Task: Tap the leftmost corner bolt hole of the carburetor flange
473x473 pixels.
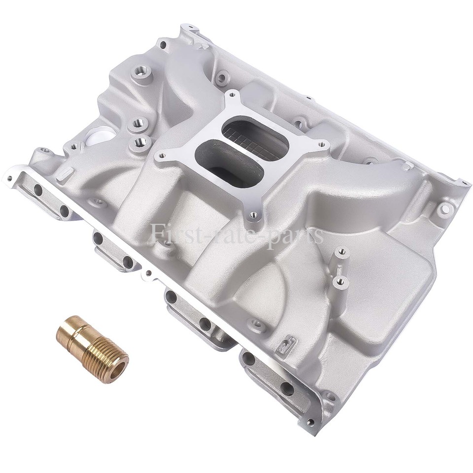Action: point(158,156)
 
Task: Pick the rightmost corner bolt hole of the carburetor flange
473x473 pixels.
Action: point(322,145)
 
